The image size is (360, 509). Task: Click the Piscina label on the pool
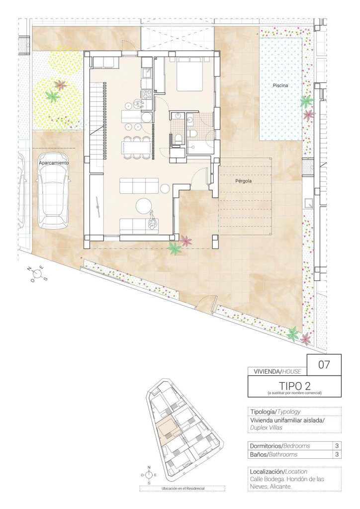[280, 85]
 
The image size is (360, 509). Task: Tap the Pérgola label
[244, 181]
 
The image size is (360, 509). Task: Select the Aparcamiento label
[54, 163]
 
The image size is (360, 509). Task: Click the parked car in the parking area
[53, 198]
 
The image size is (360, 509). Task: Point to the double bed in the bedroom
[190, 74]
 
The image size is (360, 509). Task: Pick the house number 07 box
[324, 365]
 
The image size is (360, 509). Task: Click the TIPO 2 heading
[295, 385]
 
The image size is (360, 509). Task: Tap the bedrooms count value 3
[337, 446]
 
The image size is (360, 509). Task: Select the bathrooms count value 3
[337, 454]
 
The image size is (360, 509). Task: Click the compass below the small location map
[149, 475]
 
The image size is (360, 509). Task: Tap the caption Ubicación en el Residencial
[182, 488]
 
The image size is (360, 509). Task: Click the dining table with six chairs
[136, 148]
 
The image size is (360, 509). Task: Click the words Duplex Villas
[266, 427]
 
